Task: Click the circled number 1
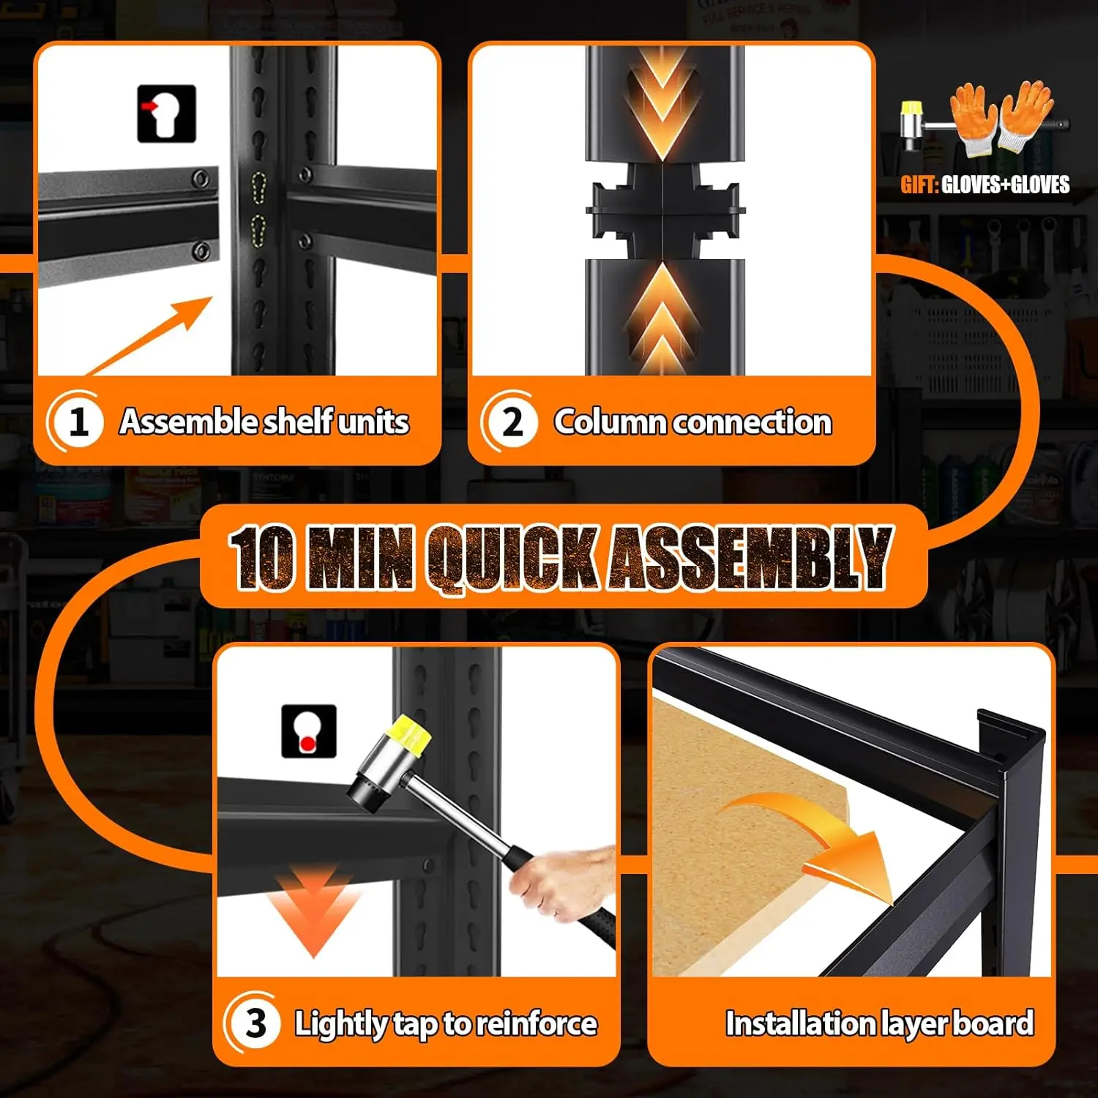(x=77, y=422)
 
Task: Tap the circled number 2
(x=512, y=422)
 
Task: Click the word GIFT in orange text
(x=919, y=184)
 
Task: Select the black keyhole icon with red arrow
(x=167, y=113)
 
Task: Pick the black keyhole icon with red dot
(x=309, y=731)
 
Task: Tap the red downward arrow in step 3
(x=315, y=911)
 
